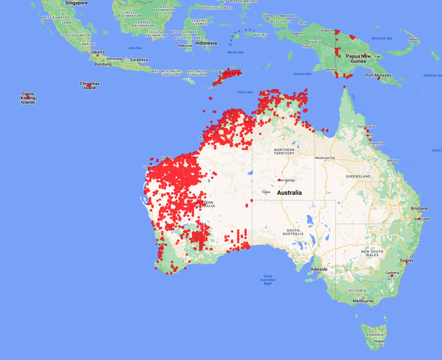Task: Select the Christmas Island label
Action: point(89,86)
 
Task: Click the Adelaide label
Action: point(319,269)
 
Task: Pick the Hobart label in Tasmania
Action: point(379,341)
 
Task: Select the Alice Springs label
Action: point(286,180)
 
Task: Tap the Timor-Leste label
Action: point(229,72)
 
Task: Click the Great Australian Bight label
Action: point(267,280)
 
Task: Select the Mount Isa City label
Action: point(325,158)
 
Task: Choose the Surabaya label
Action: point(139,60)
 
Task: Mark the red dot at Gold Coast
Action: point(420,220)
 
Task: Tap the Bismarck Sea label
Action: point(381,38)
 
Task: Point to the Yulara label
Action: point(266,192)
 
